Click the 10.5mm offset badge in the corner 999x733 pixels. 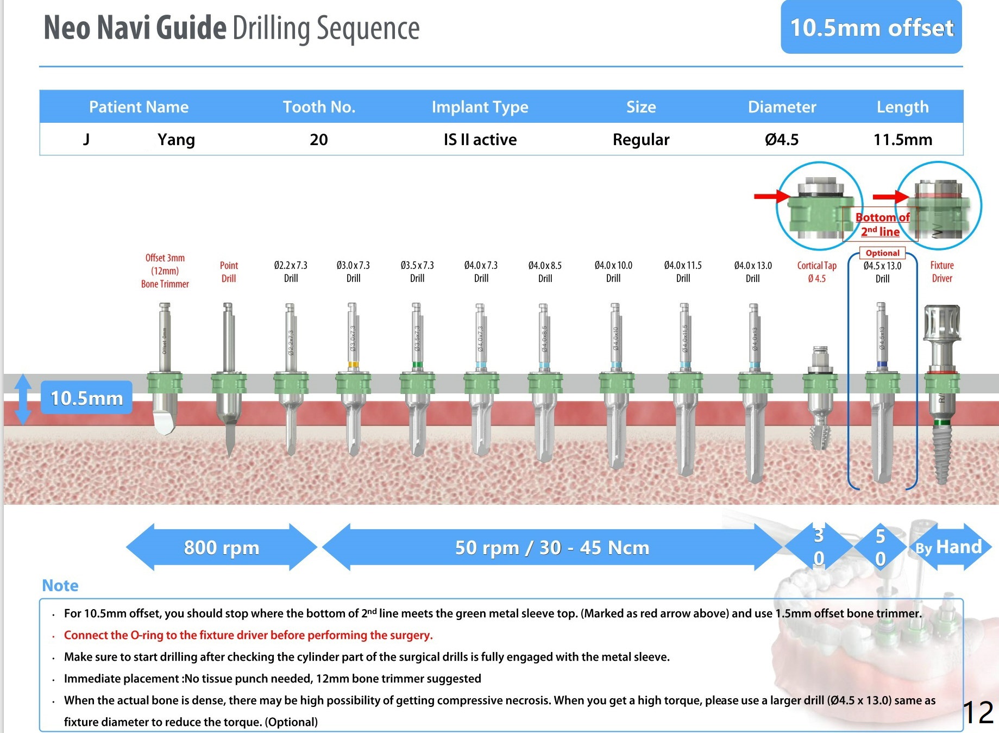tap(871, 27)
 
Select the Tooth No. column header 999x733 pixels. tap(319, 107)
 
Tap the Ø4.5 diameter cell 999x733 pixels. tap(782, 140)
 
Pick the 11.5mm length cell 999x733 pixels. tap(902, 140)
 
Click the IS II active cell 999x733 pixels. tap(480, 140)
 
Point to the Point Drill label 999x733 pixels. tap(229, 272)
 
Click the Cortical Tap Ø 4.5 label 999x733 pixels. tap(816, 272)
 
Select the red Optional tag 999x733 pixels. tap(882, 253)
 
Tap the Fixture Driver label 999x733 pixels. tap(942, 272)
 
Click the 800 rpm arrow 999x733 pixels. tap(222, 547)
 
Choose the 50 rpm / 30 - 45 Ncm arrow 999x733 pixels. tap(552, 547)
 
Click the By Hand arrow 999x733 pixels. tap(949, 547)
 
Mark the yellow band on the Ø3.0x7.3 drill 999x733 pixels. tap(353, 365)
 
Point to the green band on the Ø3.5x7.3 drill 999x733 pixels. tap(417, 365)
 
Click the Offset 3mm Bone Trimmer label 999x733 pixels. tap(165, 271)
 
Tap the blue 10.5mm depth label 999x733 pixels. tap(87, 398)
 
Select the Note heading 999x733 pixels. tap(60, 586)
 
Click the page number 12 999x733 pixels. tap(978, 712)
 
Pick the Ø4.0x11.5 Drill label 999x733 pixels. tap(683, 272)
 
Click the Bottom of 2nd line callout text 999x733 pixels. tap(882, 224)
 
